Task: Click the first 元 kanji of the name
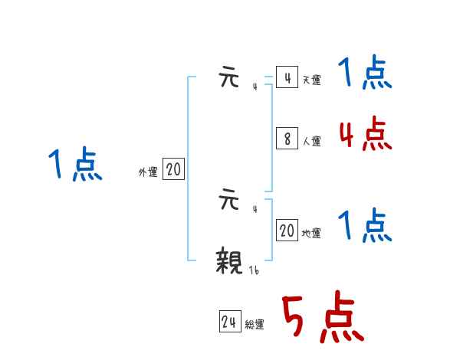coord(229,79)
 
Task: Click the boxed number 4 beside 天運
coord(287,78)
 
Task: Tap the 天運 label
coord(311,80)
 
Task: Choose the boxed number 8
coord(287,139)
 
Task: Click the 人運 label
coord(311,141)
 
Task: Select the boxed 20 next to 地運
coord(287,231)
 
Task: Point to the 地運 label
coord(311,233)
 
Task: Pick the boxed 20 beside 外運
coord(173,169)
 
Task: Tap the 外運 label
coord(147,172)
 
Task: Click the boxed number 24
coord(229,322)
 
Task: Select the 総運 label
coord(255,325)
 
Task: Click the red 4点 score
coord(365,135)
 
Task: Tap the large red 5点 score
coord(322,318)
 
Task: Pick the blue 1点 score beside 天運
coord(365,74)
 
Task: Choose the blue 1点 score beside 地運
coord(365,226)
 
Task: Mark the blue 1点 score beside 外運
coord(75,165)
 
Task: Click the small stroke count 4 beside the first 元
coord(255,87)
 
